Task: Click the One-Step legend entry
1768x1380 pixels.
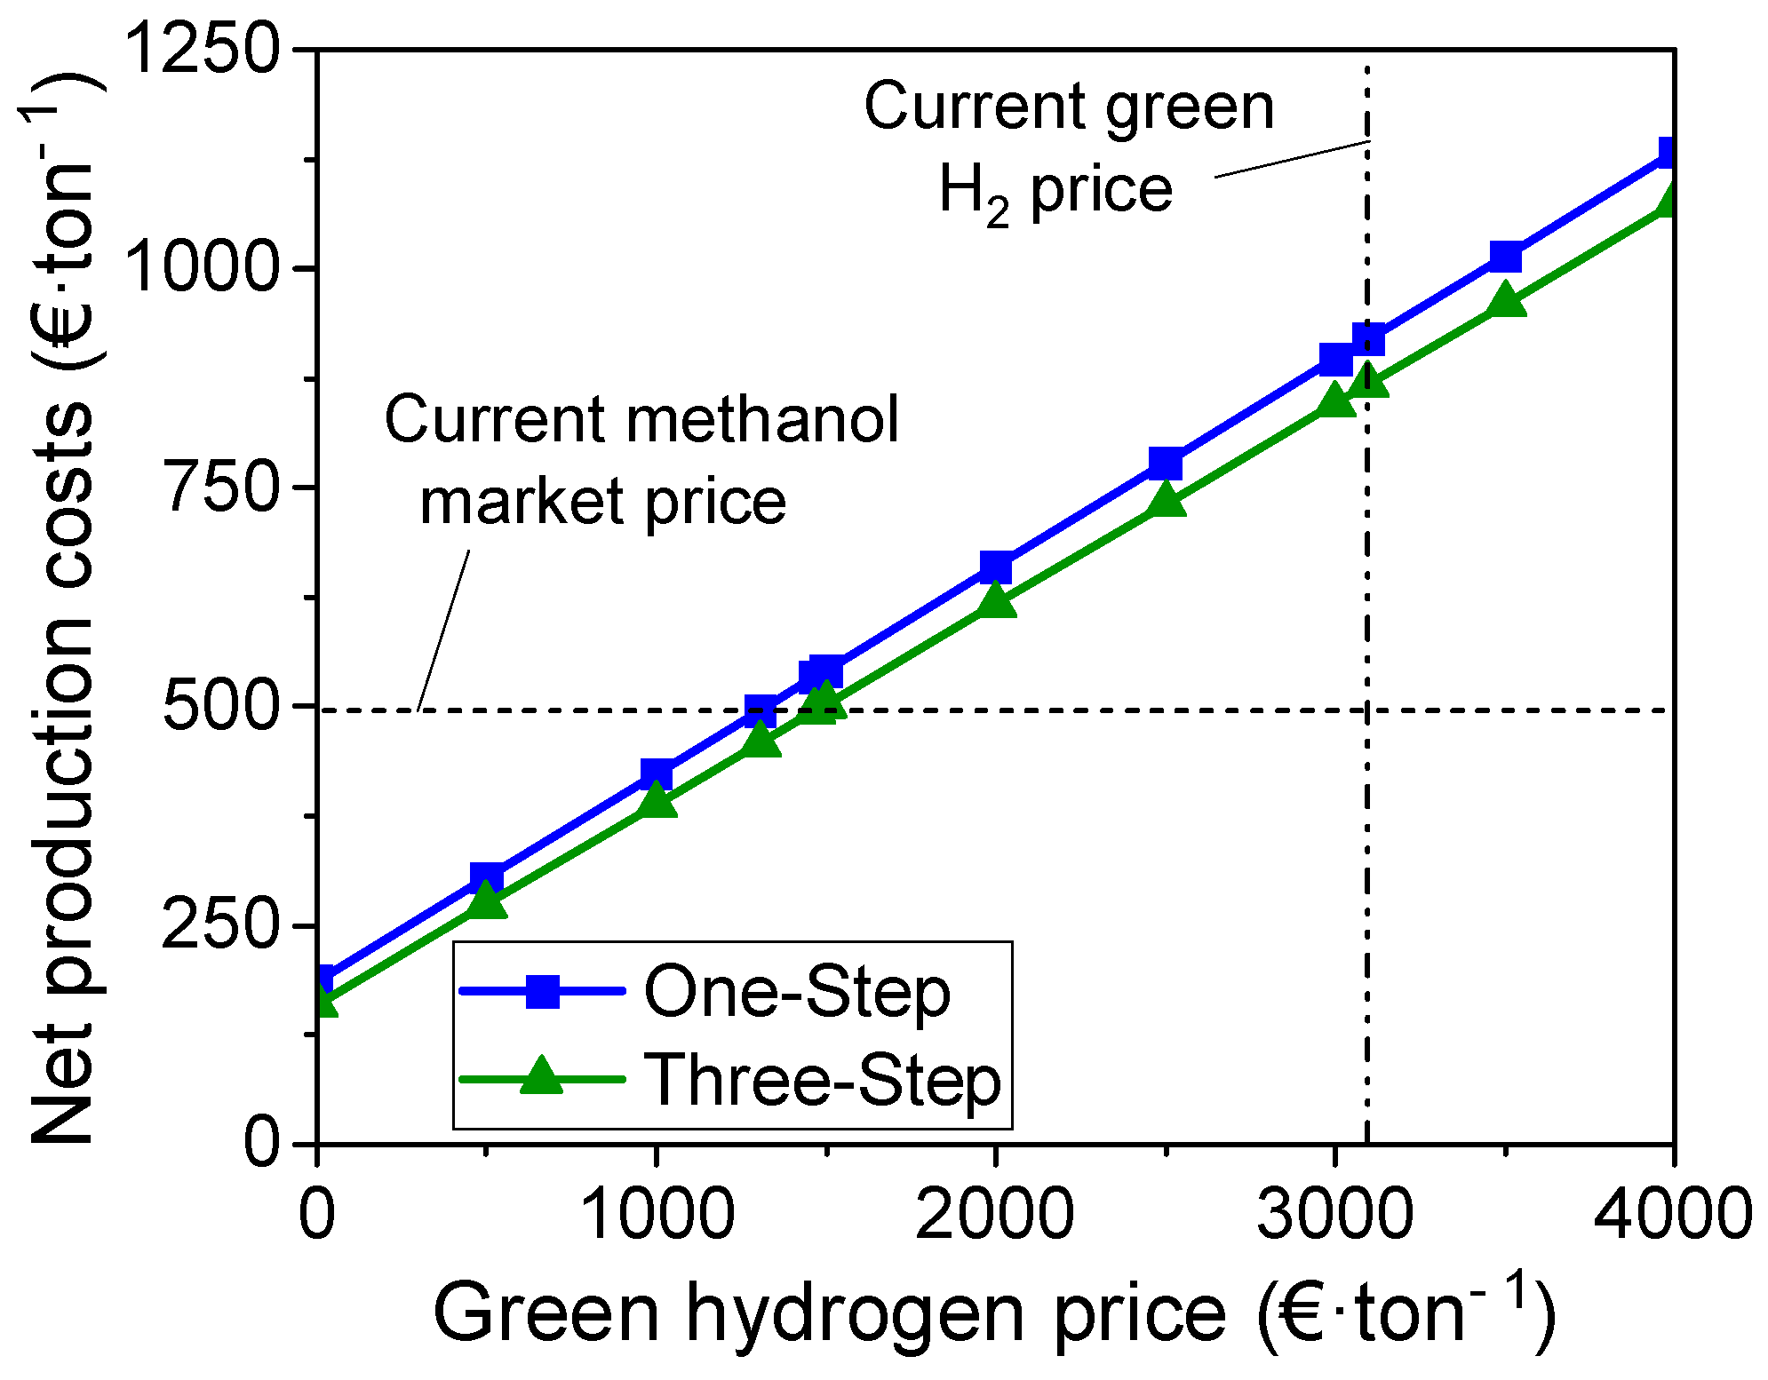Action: [796, 992]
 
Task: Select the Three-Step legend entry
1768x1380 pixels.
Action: [823, 1080]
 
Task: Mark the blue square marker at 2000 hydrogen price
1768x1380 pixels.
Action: [996, 567]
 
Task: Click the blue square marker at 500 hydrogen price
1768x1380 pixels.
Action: [487, 878]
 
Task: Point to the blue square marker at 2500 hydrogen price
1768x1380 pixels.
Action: [1166, 464]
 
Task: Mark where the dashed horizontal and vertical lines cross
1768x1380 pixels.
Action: [1367, 710]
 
